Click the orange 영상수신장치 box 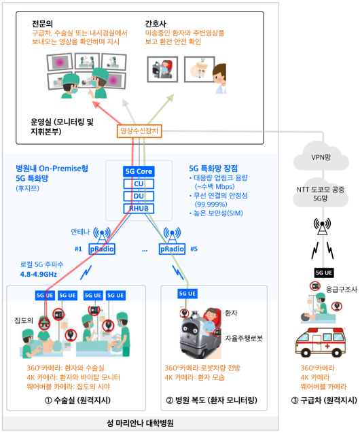pos(139,131)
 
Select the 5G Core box pos(139,171)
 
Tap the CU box pos(139,184)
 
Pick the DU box pos(139,196)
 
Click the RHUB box pos(139,209)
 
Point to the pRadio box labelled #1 pos(102,249)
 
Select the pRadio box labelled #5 pos(172,249)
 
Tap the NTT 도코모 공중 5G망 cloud pos(321,193)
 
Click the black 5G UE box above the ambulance pos(324,273)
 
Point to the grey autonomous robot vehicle pos(198,334)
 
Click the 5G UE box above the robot pos(187,294)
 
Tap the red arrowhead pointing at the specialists pos(96,105)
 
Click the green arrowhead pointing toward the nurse pos(170,98)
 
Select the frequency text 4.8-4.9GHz pos(39,274)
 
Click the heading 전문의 pos(42,24)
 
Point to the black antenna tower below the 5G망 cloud pos(322,226)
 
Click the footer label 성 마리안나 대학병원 pos(140,423)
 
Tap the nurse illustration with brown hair pos(219,78)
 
